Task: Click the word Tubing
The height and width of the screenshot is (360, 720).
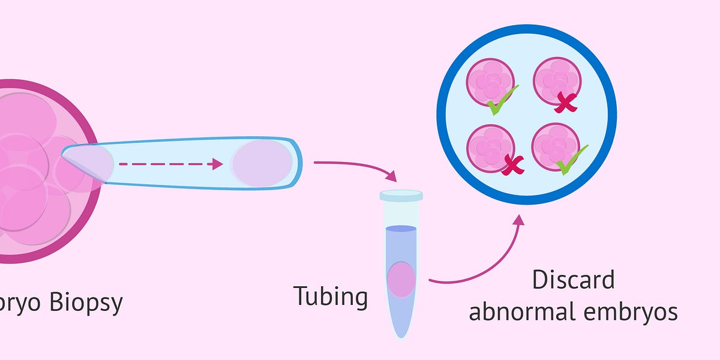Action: (x=331, y=296)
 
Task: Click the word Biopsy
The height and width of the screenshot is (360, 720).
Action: (x=86, y=303)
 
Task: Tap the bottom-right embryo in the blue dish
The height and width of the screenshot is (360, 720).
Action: (x=556, y=146)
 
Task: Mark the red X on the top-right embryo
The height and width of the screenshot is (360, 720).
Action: (x=565, y=103)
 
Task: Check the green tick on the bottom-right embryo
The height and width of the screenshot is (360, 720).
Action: (x=571, y=158)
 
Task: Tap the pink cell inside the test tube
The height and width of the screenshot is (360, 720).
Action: (x=401, y=280)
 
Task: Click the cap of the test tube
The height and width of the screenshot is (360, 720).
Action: (x=401, y=195)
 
